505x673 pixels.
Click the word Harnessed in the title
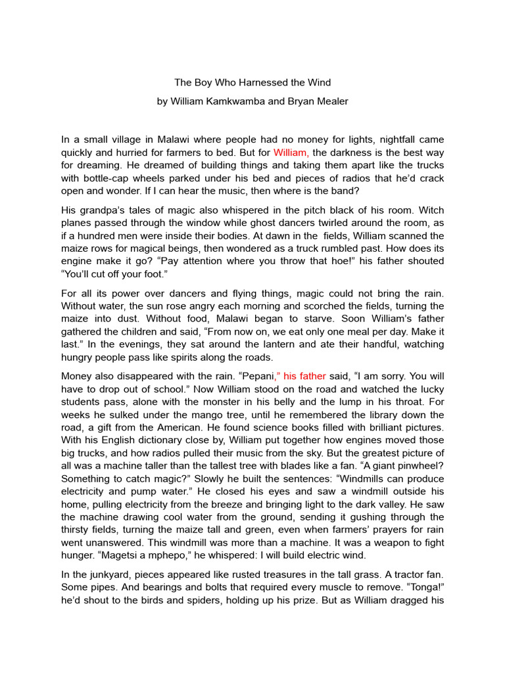251,82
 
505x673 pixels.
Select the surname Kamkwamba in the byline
234,102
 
